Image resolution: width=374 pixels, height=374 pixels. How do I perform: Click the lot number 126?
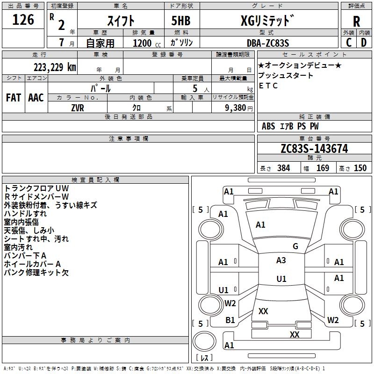[x=23, y=20]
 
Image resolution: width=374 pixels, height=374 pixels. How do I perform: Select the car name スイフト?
[x=121, y=21]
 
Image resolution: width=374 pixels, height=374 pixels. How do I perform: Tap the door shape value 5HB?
[x=181, y=21]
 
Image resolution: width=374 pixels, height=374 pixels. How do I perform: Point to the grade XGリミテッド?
[x=267, y=21]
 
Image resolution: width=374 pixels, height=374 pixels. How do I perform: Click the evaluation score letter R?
[x=356, y=22]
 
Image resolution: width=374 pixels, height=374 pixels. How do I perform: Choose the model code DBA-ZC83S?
[x=268, y=43]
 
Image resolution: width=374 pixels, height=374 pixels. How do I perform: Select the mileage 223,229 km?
[x=55, y=67]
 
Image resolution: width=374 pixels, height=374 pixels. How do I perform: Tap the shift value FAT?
[x=14, y=98]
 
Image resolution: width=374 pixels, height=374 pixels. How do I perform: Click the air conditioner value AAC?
[x=36, y=98]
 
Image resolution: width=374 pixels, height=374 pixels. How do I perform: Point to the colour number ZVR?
[x=78, y=108]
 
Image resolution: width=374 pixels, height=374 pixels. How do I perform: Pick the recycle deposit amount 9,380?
[x=236, y=108]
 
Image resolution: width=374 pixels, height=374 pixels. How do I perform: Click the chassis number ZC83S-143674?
[x=314, y=149]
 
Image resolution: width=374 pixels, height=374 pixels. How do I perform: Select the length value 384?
[x=284, y=168]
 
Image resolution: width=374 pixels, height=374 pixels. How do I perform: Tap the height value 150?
[x=360, y=168]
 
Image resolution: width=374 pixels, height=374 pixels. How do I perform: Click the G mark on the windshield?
[x=295, y=246]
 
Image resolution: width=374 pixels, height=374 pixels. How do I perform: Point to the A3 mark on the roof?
[x=281, y=260]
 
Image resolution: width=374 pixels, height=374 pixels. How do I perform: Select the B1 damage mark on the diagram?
[x=230, y=320]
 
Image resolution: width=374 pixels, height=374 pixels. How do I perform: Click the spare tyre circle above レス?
[x=204, y=341]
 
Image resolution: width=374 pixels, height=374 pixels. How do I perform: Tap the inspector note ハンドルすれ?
[x=25, y=214]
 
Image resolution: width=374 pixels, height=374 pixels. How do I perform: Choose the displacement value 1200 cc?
[x=147, y=43]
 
